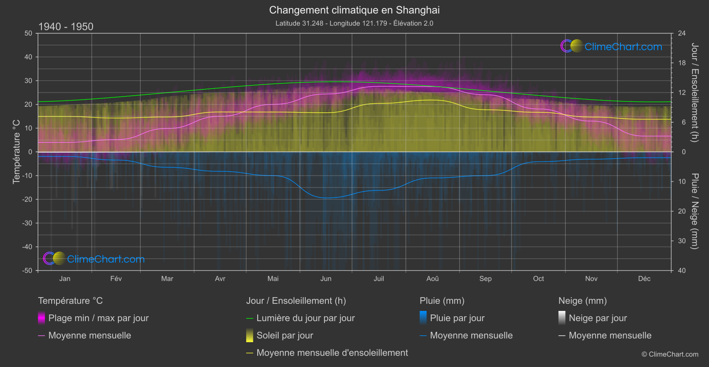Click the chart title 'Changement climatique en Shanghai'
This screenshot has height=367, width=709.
pyautogui.click(x=354, y=10)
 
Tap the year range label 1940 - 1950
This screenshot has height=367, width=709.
pyautogui.click(x=66, y=27)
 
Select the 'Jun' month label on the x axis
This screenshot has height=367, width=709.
pyautogui.click(x=326, y=278)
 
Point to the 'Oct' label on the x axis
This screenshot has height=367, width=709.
pyautogui.click(x=538, y=278)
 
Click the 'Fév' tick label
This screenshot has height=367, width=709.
pyautogui.click(x=116, y=278)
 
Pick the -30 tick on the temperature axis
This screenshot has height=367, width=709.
pyautogui.click(x=28, y=223)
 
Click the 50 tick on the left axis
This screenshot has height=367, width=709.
pyautogui.click(x=28, y=33)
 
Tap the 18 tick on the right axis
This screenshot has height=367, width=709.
pyautogui.click(x=681, y=63)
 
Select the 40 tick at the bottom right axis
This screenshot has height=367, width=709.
pyautogui.click(x=681, y=270)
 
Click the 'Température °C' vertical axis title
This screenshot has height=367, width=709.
pyautogui.click(x=16, y=151)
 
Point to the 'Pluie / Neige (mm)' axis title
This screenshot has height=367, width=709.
pyautogui.click(x=694, y=211)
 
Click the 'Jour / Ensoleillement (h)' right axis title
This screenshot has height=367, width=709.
pyautogui.click(x=694, y=93)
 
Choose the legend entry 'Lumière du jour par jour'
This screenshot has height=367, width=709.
pyautogui.click(x=305, y=318)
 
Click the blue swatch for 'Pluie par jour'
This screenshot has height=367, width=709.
pyautogui.click(x=423, y=318)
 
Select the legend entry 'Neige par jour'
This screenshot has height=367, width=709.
pyautogui.click(x=598, y=318)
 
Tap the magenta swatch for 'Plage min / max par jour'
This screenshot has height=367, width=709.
pyautogui.click(x=41, y=318)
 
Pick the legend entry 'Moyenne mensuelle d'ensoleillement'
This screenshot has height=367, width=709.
pyautogui.click(x=332, y=353)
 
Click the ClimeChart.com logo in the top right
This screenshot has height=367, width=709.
pyautogui.click(x=612, y=46)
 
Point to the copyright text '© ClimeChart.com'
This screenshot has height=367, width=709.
pyautogui.click(x=670, y=355)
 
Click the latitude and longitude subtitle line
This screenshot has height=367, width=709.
pyautogui.click(x=354, y=23)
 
